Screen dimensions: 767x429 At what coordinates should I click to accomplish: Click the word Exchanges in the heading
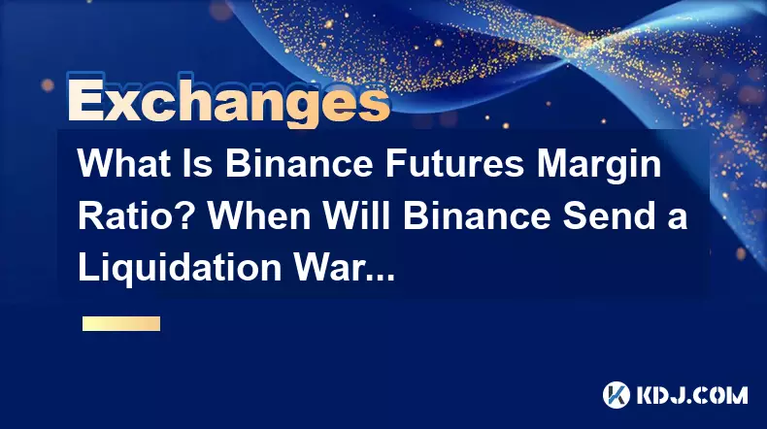pyautogui.click(x=228, y=100)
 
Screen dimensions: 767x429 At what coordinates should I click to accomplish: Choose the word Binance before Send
pyautogui.click(x=477, y=215)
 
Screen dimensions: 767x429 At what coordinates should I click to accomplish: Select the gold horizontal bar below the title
pyautogui.click(x=121, y=323)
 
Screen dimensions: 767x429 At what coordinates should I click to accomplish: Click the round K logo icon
pyautogui.click(x=617, y=395)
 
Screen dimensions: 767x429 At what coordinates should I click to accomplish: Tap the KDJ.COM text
pyautogui.click(x=691, y=395)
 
